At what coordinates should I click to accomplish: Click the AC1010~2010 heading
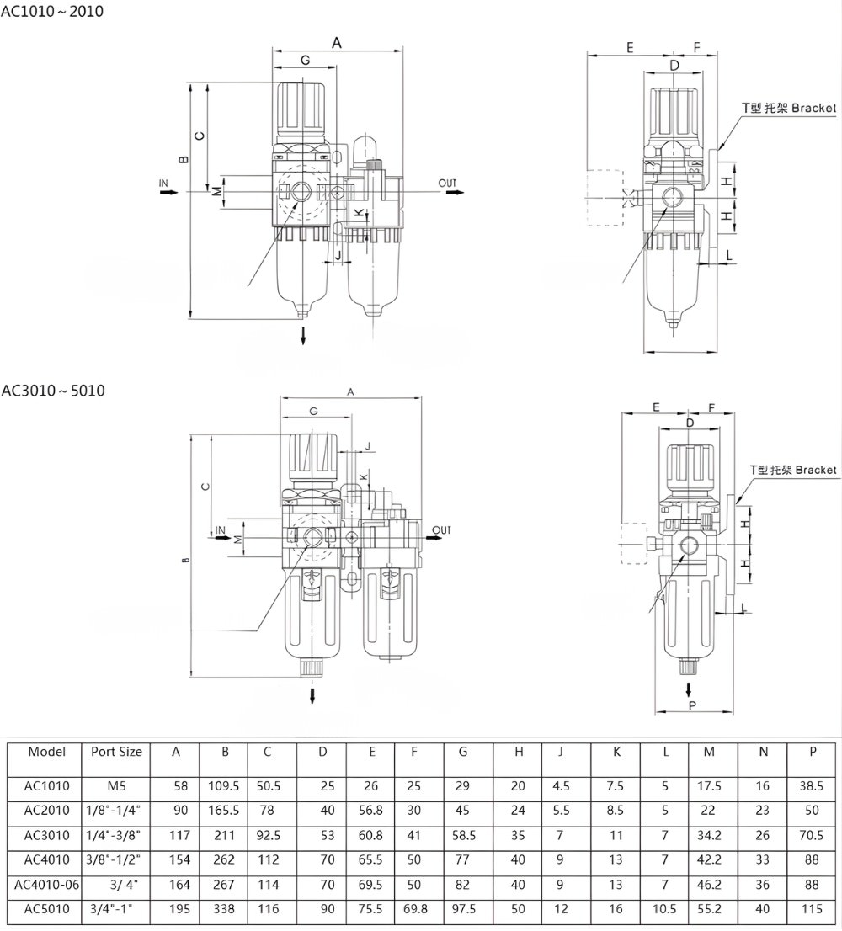click(52, 12)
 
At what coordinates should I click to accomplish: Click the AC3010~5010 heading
click(53, 391)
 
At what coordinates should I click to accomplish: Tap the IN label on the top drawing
click(164, 182)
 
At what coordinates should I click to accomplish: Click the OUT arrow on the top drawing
click(455, 193)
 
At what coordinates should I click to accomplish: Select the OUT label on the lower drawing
click(442, 529)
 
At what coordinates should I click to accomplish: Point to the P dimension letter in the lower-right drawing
click(692, 705)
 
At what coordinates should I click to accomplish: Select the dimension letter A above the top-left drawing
click(337, 42)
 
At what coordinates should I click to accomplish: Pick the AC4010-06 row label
click(47, 885)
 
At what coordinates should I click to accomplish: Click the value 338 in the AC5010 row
click(225, 909)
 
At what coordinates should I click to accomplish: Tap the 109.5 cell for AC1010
click(224, 786)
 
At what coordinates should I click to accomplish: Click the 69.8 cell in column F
click(414, 909)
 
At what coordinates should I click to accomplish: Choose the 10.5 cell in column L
click(665, 909)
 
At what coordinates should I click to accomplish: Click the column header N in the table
click(763, 752)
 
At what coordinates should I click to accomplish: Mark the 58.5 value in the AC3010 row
click(463, 835)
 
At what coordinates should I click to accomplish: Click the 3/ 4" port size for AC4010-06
click(123, 885)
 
